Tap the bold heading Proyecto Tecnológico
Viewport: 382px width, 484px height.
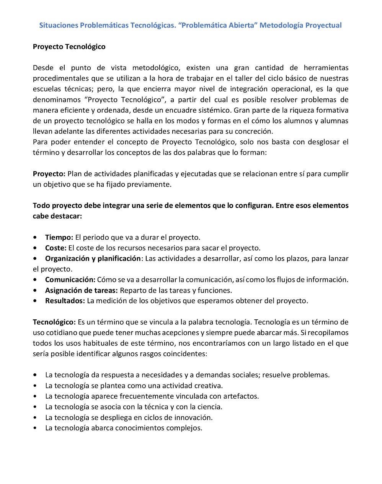pos(69,47)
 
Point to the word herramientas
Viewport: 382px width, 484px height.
pos(326,68)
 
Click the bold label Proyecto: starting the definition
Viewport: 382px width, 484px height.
pos(49,174)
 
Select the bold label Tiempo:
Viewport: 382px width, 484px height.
pos(59,237)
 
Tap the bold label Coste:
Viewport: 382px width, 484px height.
pos(56,248)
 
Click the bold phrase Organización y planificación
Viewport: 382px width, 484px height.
pos(93,258)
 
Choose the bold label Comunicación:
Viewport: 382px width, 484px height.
pos(70,280)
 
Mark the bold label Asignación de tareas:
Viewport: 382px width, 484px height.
pos(81,290)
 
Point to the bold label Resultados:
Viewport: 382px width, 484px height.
pos(65,301)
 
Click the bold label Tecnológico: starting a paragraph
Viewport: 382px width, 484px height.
pos(54,322)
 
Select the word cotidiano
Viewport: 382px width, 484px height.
pos(59,333)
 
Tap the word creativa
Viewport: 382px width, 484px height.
pos(209,386)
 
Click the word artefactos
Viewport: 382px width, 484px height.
pos(241,396)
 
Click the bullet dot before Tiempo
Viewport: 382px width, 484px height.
pos(36,237)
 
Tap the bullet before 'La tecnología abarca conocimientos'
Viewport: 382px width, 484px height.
pos(36,428)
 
